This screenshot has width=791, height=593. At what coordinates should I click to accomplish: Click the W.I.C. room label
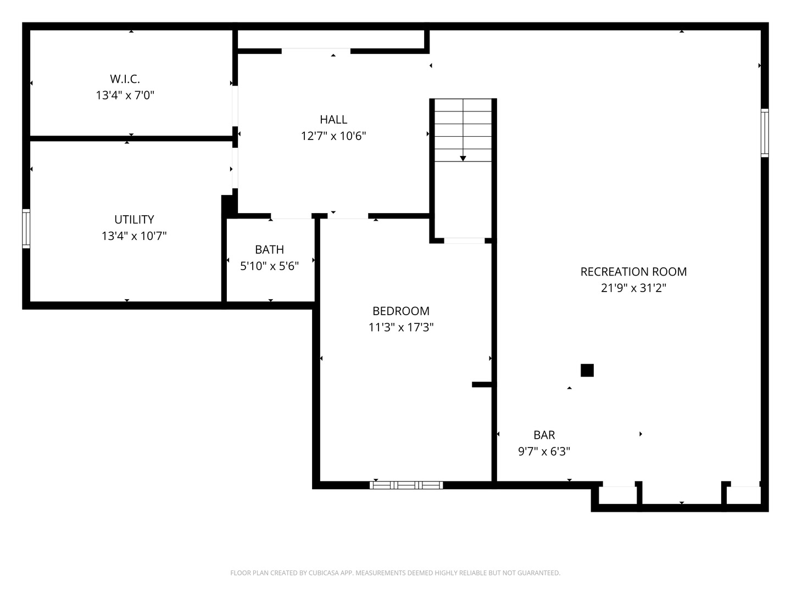(x=125, y=79)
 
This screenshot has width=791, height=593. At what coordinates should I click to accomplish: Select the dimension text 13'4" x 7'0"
(x=125, y=95)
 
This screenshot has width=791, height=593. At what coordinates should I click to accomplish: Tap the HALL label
(x=333, y=119)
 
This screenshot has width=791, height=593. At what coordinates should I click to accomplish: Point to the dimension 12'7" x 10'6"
(x=333, y=136)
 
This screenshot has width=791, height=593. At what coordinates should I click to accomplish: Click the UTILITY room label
(x=134, y=219)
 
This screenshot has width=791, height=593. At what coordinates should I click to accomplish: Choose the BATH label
(x=269, y=249)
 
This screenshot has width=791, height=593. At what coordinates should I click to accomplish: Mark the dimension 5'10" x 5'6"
(x=269, y=266)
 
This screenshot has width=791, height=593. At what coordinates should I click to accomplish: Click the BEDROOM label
(x=401, y=311)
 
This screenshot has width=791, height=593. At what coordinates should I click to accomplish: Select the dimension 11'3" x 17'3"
(x=401, y=327)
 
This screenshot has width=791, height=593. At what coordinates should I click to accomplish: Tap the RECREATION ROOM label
(x=633, y=271)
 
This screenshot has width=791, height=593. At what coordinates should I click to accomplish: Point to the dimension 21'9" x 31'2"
(x=633, y=288)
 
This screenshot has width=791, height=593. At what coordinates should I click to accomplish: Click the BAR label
(x=544, y=435)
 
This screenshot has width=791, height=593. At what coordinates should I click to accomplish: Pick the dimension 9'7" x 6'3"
(x=544, y=451)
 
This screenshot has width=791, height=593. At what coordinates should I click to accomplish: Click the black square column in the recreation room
(x=587, y=370)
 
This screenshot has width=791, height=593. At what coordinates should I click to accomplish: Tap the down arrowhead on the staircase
(x=463, y=159)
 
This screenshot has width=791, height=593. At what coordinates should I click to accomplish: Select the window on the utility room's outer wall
(x=26, y=228)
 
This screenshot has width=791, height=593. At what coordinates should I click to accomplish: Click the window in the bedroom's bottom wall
(x=406, y=485)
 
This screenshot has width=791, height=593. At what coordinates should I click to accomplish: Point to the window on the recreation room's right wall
(x=765, y=133)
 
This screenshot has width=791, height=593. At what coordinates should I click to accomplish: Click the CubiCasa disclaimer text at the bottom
(x=396, y=573)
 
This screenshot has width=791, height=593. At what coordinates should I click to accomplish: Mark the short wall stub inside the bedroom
(x=482, y=384)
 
